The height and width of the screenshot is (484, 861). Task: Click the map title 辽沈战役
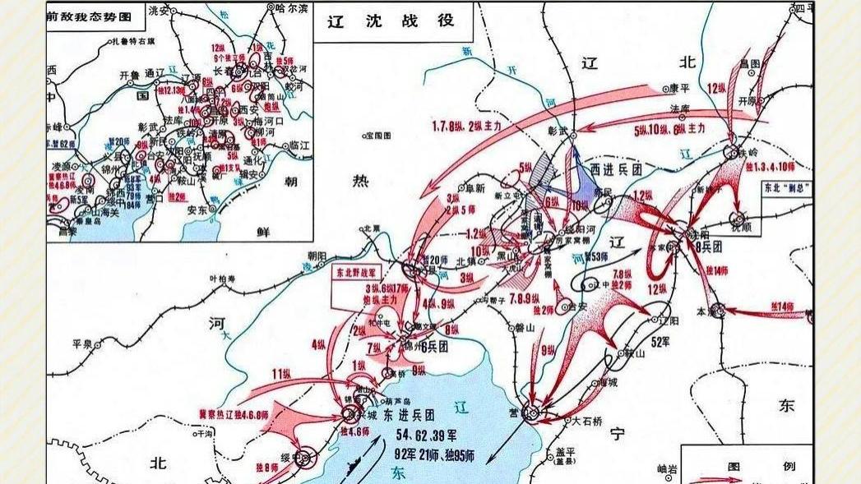point(391,21)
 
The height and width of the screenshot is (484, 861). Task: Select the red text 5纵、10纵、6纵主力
point(669,129)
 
